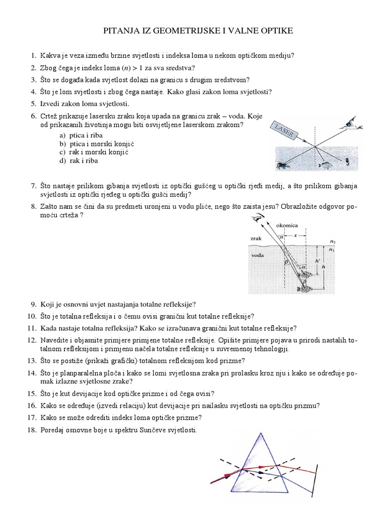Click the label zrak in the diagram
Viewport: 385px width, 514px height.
[x=256, y=239]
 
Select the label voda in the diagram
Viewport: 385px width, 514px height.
[x=257, y=255]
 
